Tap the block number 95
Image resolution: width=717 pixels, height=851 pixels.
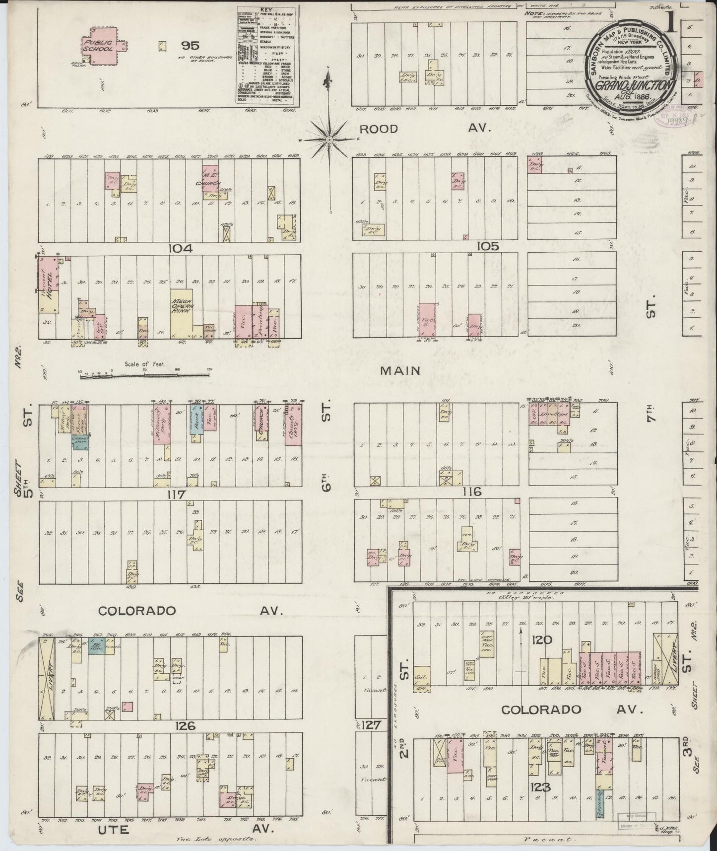[190, 46]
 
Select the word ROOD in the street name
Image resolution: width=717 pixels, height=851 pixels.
[379, 129]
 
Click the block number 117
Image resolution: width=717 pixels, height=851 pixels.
[176, 495]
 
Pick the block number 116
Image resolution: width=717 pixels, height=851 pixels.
[471, 492]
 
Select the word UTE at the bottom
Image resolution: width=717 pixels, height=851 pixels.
[117, 829]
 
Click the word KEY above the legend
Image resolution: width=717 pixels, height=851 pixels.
[266, 9]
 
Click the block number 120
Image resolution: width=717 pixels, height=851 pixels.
[541, 639]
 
